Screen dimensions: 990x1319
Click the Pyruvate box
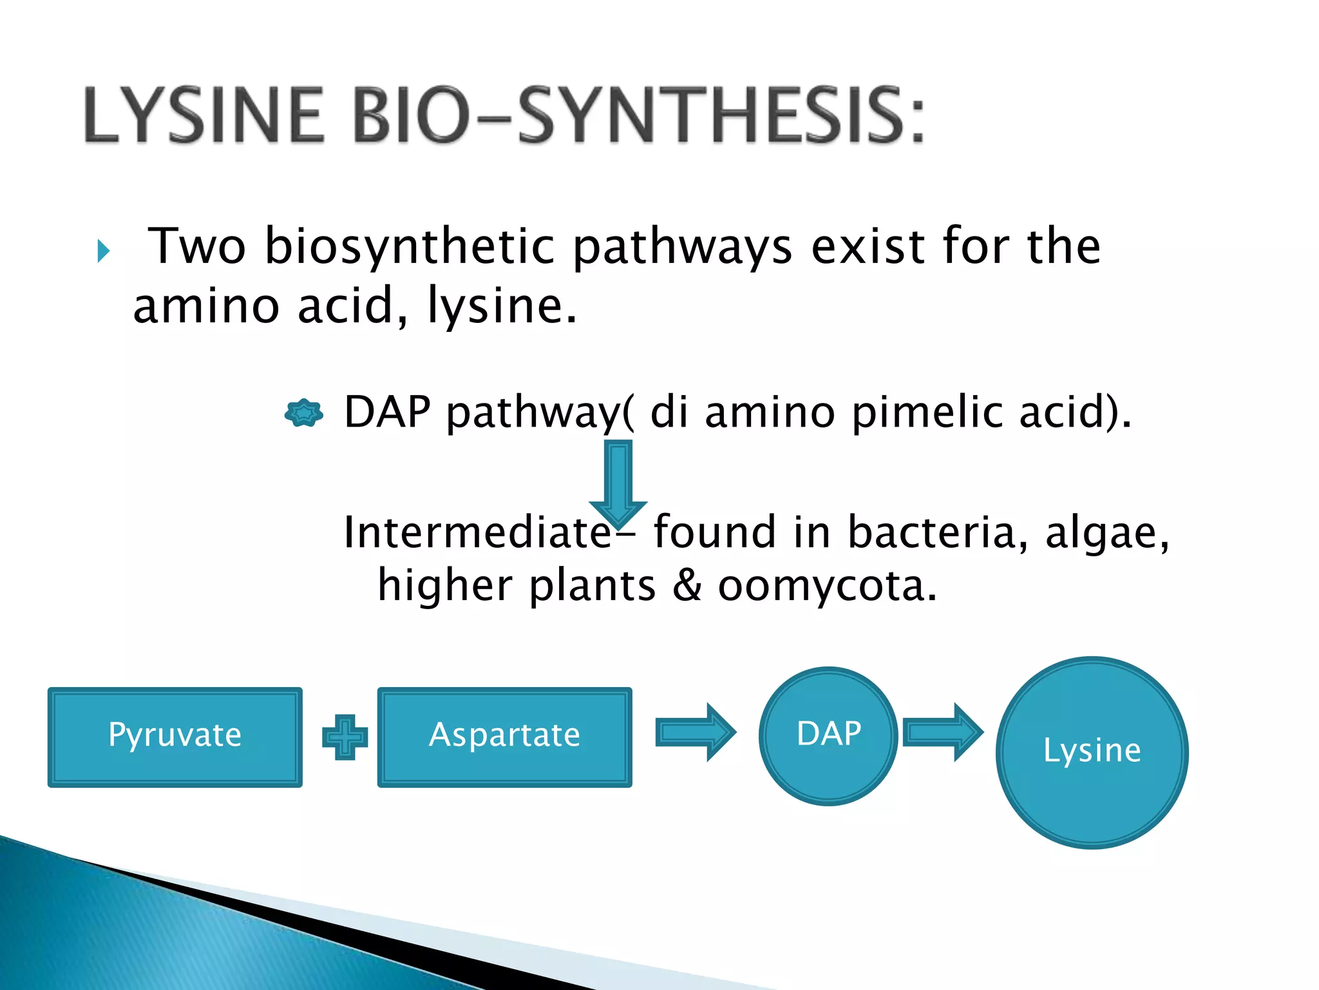[175, 737]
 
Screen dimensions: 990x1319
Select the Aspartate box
[504, 737]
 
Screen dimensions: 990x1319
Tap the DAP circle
[828, 735]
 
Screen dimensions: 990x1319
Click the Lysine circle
[1092, 752]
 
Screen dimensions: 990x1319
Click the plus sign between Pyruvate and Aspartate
[345, 737]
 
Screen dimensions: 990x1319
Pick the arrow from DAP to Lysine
[943, 732]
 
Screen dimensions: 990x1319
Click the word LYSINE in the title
[204, 115]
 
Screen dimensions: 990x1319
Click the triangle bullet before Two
[103, 251]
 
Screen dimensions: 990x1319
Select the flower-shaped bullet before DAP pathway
[303, 412]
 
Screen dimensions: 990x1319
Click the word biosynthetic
[410, 247]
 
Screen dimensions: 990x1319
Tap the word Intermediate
[477, 532]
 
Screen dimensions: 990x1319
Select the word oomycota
[827, 586]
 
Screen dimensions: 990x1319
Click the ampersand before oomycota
[687, 586]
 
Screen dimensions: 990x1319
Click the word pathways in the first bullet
[682, 248]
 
